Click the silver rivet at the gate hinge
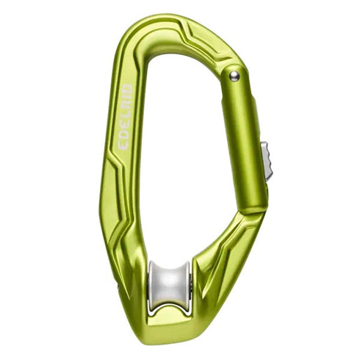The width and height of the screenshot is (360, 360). click(x=234, y=76)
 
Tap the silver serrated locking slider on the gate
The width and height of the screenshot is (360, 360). click(x=267, y=161)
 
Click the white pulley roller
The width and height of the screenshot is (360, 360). click(x=169, y=287)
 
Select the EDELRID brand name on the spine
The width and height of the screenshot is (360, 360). click(x=125, y=117)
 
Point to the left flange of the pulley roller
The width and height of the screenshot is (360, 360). click(x=151, y=287)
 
